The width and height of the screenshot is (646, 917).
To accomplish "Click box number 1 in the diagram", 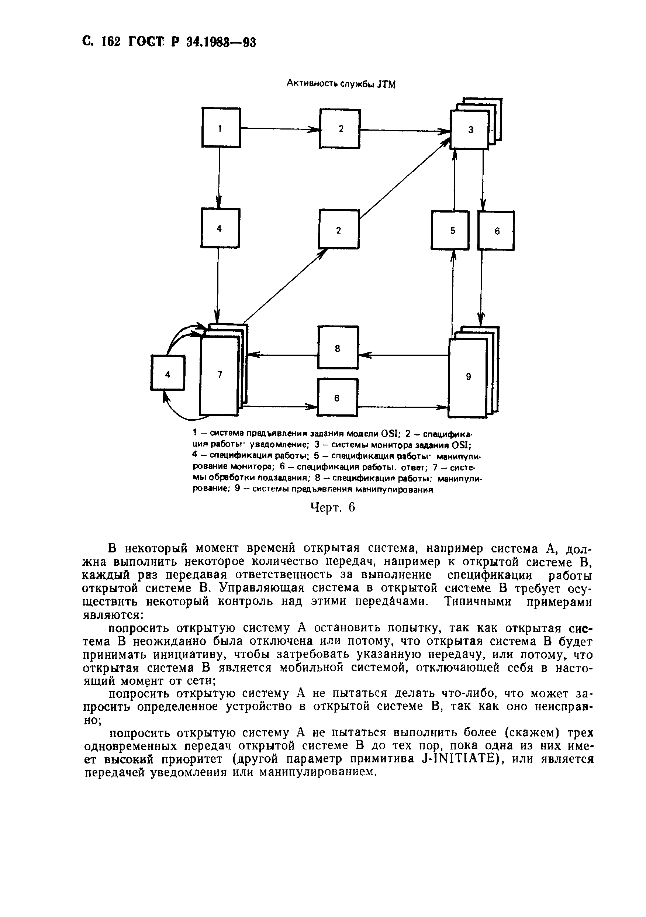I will (x=221, y=128).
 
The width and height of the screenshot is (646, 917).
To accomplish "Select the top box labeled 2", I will (x=340, y=129).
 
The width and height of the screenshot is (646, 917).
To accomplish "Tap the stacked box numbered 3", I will (x=470, y=130).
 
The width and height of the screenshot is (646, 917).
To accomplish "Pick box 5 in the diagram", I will (x=450, y=230).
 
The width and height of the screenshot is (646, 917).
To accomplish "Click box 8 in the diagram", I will (x=338, y=348).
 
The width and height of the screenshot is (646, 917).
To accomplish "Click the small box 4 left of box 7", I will (x=168, y=373).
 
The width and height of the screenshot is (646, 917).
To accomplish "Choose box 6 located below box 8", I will (x=337, y=398).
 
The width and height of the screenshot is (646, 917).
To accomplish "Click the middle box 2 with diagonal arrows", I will (x=339, y=230).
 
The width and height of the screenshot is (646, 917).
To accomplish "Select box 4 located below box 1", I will (x=220, y=228).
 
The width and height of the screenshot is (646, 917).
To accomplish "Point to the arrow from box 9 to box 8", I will (x=403, y=355).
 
